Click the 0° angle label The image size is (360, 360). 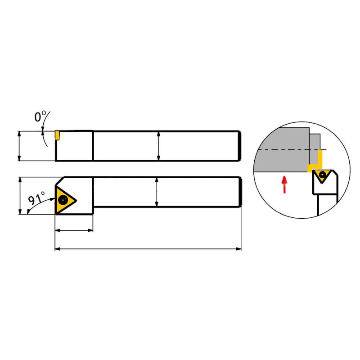click(40, 117)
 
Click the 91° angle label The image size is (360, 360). click(37, 198)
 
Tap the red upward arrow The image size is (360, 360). click(284, 184)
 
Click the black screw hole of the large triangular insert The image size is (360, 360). click(63, 200)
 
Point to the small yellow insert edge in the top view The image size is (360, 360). click(57, 135)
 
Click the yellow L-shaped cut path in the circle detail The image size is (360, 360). click(315, 161)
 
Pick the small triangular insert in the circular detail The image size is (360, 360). click(322, 175)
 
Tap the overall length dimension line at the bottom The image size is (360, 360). click(148, 249)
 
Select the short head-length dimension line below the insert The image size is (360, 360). click(74, 230)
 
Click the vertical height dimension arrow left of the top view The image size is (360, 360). click(19, 146)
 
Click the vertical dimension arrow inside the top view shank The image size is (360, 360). click(158, 146)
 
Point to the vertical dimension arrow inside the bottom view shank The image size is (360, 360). click(157, 192)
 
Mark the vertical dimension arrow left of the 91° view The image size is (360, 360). click(20, 196)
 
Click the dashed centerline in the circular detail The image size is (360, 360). click(292, 150)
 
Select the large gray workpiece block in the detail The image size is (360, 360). click(282, 150)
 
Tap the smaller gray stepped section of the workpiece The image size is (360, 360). click(315, 142)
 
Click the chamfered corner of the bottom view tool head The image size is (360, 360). click(60, 181)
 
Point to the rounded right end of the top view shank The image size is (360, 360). click(240, 146)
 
